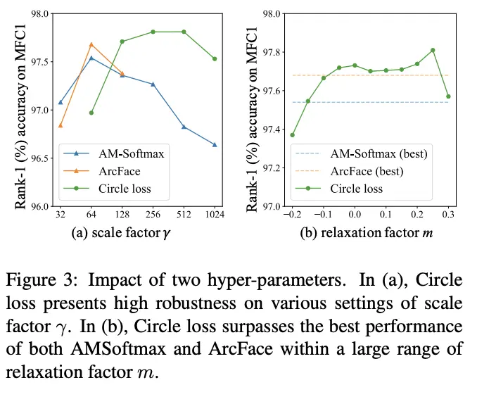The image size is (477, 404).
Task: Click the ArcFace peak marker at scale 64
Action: [91, 44]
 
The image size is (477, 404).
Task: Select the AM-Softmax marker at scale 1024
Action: [215, 145]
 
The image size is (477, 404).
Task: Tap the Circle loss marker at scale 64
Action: [91, 113]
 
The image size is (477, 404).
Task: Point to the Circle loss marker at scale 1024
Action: [215, 58]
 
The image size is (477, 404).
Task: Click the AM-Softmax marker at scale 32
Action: [61, 102]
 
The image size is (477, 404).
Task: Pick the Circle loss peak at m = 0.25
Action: [433, 50]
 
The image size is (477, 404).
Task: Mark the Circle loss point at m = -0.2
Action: [292, 134]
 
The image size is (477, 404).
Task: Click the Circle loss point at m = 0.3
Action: [448, 96]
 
